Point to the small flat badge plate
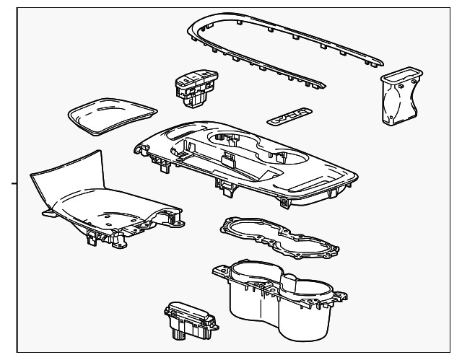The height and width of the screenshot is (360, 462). [x=288, y=115]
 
